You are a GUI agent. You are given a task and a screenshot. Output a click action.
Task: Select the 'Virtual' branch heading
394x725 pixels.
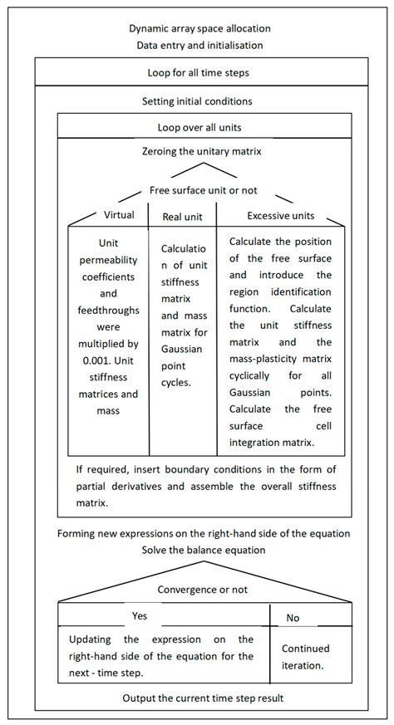[119, 215]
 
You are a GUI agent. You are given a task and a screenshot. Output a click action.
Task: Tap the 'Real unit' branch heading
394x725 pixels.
[183, 218]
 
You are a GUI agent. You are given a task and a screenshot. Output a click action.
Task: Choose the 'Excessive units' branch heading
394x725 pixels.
[281, 216]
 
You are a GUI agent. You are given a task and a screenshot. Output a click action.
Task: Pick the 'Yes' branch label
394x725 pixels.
[139, 617]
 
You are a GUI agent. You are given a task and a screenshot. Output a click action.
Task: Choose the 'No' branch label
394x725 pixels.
[293, 618]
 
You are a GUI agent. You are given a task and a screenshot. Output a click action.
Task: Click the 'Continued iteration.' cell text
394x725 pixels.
[305, 656]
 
